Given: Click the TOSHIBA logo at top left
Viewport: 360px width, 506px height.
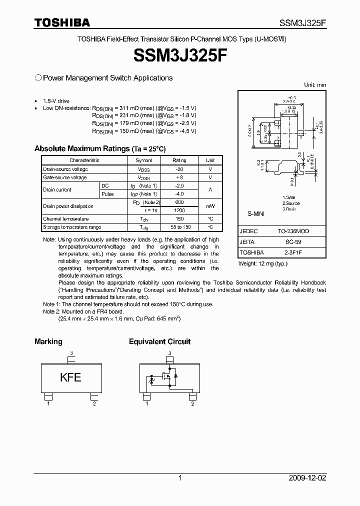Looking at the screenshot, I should tap(62, 22).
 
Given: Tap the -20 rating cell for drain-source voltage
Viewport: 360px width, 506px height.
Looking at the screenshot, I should tap(179, 169).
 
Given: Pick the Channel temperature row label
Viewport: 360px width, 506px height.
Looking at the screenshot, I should tap(65, 219).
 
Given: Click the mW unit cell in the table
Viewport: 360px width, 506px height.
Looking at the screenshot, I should tap(210, 206).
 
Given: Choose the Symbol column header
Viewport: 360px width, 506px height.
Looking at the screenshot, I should tap(143, 160).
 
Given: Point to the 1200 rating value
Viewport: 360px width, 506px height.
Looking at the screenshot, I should tap(179, 210).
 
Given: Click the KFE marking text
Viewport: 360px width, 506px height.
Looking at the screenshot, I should tap(70, 377).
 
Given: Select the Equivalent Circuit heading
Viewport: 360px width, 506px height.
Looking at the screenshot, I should tap(159, 341).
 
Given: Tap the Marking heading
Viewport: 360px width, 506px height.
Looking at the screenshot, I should tap(48, 341).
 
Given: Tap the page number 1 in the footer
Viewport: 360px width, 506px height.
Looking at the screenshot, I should tap(180, 478).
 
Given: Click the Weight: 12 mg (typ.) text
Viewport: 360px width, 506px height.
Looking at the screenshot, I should tap(263, 263).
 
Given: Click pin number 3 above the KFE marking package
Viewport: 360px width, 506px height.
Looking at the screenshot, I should tap(71, 353).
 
